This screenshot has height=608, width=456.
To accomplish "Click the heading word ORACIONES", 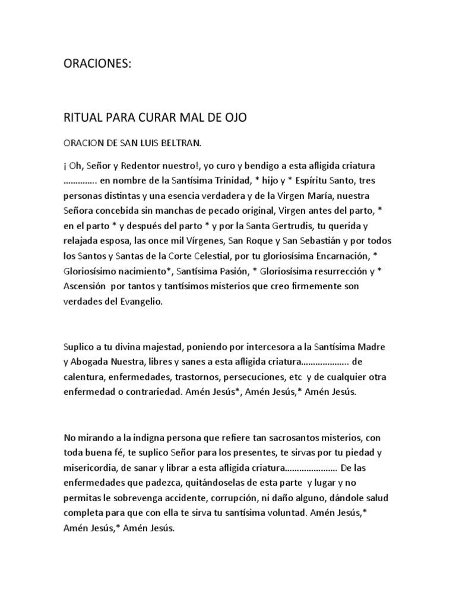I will (x=96, y=64).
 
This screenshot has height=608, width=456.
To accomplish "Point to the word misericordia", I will (x=93, y=468).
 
